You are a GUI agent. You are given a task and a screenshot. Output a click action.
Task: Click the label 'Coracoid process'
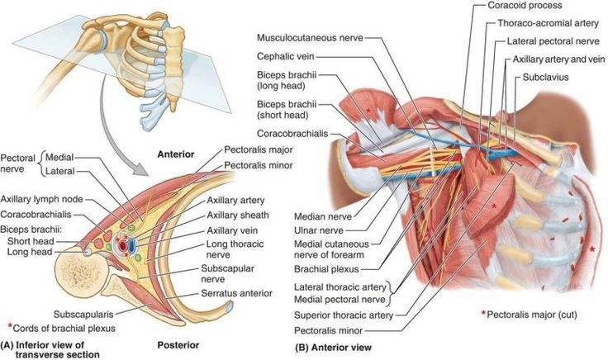tap(525, 6)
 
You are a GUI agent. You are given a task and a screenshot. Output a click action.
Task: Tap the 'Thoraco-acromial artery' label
tap(549, 23)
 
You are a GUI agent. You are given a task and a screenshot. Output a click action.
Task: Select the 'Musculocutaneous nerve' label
tap(310, 38)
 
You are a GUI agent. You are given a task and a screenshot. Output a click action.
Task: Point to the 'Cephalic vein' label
tap(285, 57)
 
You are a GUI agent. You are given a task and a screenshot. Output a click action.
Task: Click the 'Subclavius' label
tap(545, 77)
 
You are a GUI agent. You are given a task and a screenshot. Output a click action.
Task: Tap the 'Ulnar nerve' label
tap(319, 230)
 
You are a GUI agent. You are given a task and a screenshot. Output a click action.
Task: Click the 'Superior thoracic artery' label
tap(344, 315)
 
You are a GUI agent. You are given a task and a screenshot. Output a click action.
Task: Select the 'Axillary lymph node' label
tap(41, 199)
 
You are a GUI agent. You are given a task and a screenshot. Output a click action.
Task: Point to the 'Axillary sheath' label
tap(238, 215)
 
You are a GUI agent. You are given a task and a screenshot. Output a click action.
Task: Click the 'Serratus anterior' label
tap(236, 293)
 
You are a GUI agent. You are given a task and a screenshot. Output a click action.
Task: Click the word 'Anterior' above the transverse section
tap(176, 154)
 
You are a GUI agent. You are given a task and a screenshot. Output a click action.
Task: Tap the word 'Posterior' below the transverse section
tap(178, 345)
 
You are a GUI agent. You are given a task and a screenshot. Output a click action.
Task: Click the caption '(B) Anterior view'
tap(333, 348)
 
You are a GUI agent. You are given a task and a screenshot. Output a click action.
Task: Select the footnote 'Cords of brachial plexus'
tap(64, 329)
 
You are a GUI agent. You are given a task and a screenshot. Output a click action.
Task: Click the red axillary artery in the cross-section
tap(123, 245)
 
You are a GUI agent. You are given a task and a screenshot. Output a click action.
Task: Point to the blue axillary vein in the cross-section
tap(132, 245)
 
